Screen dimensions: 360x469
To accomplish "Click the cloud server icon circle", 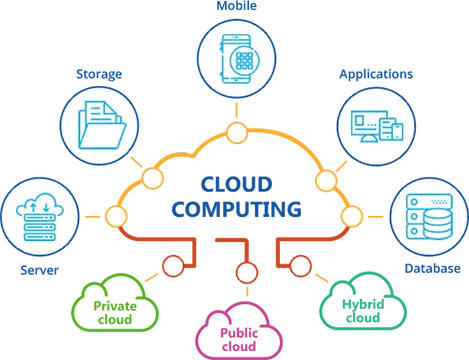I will (39, 216).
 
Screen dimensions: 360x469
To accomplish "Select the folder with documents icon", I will (99, 126).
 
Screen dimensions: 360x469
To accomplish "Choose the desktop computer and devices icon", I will (375, 126).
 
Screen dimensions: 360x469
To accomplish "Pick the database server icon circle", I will (428, 216).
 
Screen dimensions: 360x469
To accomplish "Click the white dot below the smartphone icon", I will (237, 132).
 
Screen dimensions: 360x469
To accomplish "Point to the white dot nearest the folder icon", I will (153, 179).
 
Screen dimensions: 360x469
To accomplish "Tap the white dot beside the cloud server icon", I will (116, 216).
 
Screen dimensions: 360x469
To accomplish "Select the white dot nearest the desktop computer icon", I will (326, 180).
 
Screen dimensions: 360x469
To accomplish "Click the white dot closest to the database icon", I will (352, 216).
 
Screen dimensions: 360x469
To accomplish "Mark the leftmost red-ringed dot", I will (173, 266).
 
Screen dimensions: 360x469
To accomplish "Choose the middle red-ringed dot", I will (246, 272).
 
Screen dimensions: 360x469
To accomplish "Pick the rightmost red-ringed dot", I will (300, 266).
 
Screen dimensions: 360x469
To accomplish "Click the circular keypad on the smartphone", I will (243, 59).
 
